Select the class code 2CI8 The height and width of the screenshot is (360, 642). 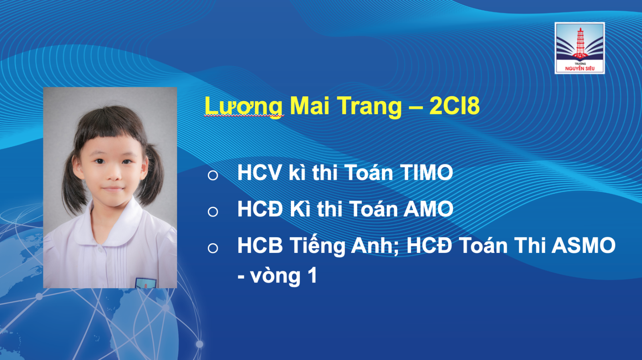454,106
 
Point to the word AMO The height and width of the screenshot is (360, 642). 428,209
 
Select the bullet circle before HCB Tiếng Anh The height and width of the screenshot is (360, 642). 213,248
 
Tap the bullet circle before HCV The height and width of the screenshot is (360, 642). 213,175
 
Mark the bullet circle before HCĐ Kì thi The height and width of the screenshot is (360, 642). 213,212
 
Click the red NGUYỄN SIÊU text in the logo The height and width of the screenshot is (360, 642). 579,69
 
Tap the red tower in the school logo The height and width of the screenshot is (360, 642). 580,43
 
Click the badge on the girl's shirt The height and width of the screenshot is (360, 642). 146,283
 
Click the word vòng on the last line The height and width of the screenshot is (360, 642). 275,276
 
